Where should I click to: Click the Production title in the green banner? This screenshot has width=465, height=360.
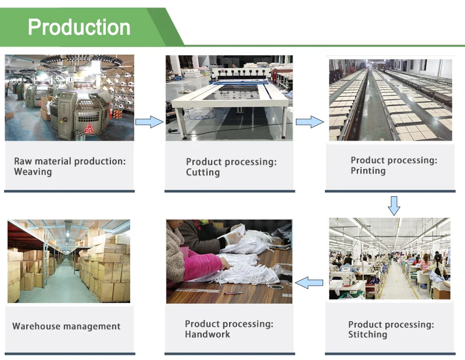tap(79, 27)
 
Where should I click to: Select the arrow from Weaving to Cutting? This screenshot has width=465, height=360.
tap(149, 121)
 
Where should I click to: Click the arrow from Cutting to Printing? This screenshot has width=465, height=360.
tap(309, 121)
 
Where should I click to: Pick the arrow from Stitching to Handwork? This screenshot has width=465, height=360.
tap(309, 283)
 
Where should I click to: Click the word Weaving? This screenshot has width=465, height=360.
tap(33, 172)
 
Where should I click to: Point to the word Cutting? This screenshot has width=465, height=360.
tap(203, 172)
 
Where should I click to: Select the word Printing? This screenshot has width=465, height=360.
tap(368, 171)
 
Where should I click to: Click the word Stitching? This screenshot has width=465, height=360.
tap(367, 334)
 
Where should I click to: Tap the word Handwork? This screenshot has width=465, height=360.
tap(208, 334)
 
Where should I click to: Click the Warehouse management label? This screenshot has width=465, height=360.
tap(66, 326)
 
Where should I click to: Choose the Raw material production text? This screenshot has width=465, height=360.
tap(70, 161)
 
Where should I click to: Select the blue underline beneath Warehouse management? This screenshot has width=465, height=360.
tap(70, 353)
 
